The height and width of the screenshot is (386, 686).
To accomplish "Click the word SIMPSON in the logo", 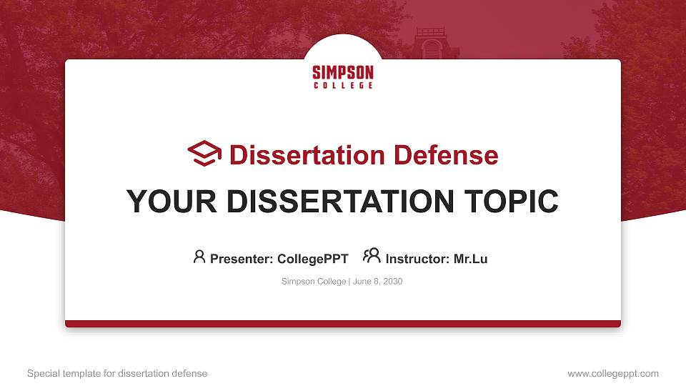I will (343, 72).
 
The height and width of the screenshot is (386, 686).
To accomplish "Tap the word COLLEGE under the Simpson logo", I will (343, 86).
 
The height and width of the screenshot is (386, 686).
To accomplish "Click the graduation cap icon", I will (204, 154).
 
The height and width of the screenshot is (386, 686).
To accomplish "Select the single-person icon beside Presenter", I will (199, 257).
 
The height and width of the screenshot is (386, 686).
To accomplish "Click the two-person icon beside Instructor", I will (372, 256).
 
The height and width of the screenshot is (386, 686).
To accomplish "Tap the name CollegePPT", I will (312, 259).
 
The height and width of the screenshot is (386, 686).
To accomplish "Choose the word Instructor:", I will (417, 259).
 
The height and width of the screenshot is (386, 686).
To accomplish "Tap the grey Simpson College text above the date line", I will (314, 282).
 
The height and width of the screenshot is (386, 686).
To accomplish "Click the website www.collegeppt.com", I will (613, 373).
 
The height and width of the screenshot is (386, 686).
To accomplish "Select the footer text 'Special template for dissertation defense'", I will (117, 373).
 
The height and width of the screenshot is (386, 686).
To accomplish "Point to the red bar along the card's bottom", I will (343, 324).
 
